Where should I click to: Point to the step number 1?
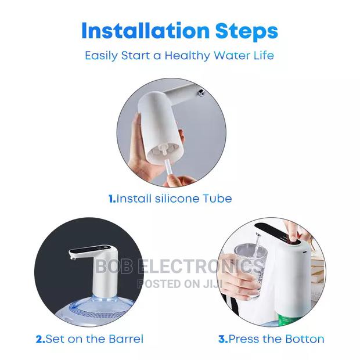point(111,199)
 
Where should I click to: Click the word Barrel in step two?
point(124,339)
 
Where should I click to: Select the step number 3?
point(222,339)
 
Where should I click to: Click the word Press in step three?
point(244,339)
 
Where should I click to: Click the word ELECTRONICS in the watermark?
point(200,267)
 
